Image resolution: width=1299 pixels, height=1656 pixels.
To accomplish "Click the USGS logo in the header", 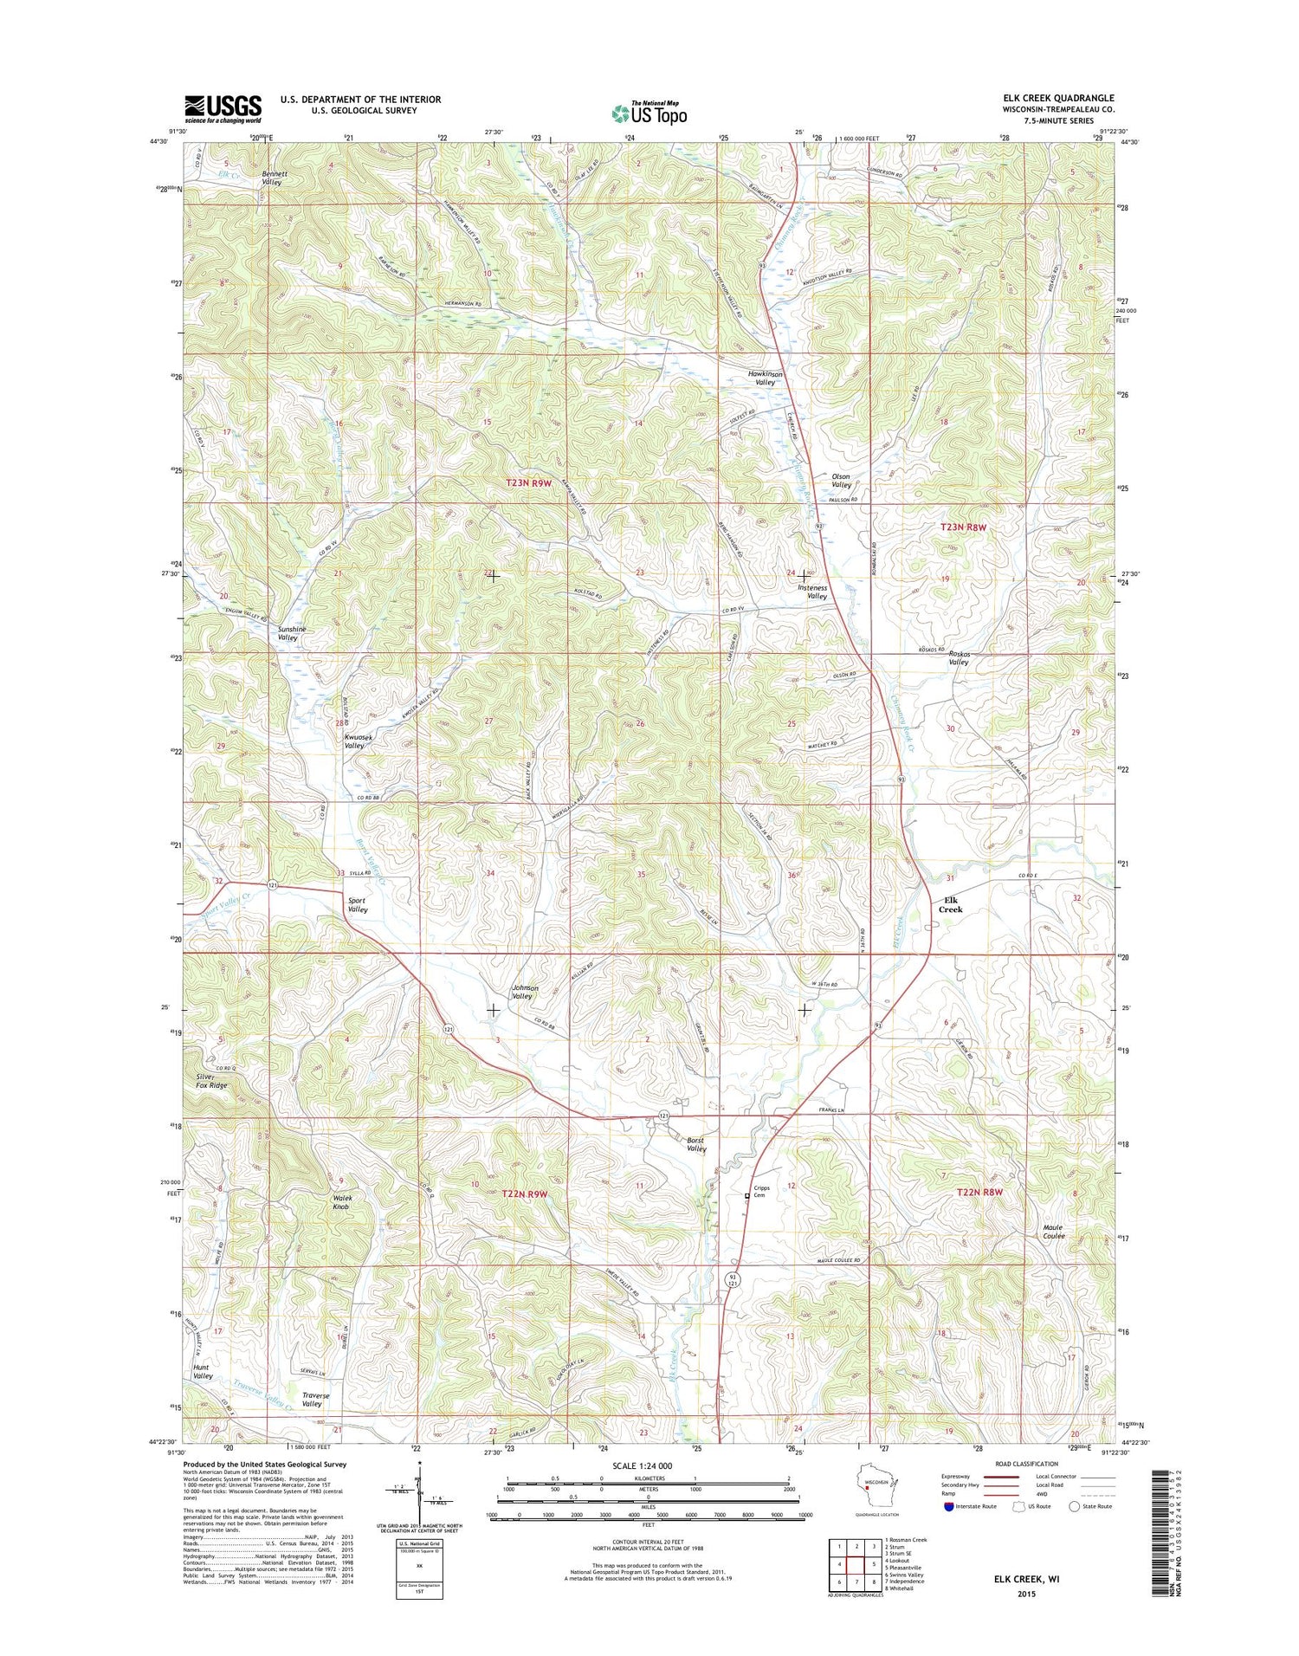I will (x=223, y=107).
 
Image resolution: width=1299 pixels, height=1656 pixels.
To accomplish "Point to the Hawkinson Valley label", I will (x=766, y=378).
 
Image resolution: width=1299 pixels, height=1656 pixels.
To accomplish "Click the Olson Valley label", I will (x=841, y=480).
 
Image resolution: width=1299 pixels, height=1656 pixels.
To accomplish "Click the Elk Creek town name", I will (x=951, y=904).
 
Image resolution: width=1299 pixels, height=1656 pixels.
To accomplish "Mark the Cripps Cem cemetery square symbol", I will (x=749, y=1196).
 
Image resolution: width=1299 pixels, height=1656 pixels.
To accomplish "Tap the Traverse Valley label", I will (x=315, y=1400).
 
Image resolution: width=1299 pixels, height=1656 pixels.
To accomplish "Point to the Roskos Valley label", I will (x=958, y=657).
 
